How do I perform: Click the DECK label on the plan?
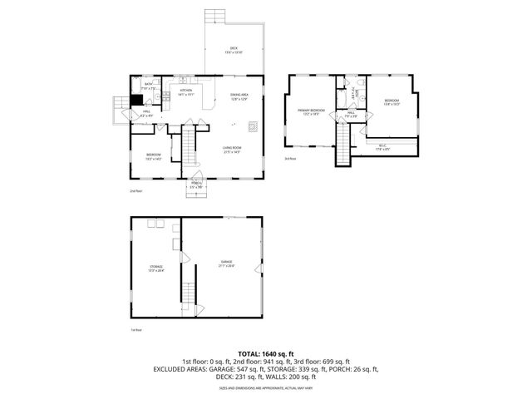(234, 50)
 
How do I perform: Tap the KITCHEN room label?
(187, 91)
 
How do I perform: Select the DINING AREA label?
(239, 96)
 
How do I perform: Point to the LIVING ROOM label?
(231, 150)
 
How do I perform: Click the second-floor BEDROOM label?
(154, 156)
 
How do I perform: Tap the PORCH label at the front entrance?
(196, 185)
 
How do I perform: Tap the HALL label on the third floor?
(351, 114)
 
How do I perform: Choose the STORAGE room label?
(155, 268)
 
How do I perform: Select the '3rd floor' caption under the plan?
(290, 158)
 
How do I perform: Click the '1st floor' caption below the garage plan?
(135, 330)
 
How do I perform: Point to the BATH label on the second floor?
(148, 84)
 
